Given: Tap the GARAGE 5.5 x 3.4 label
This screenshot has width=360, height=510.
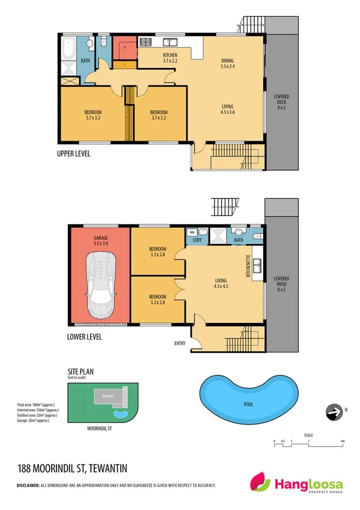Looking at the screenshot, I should coord(100,240).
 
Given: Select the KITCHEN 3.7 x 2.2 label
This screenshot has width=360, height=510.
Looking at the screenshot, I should coord(171,58).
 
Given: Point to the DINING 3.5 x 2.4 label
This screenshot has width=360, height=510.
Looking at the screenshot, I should coord(228,63).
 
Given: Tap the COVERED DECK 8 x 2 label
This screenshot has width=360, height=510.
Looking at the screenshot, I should coord(281,103).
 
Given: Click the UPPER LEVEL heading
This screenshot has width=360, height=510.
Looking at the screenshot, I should coord(73,154).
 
